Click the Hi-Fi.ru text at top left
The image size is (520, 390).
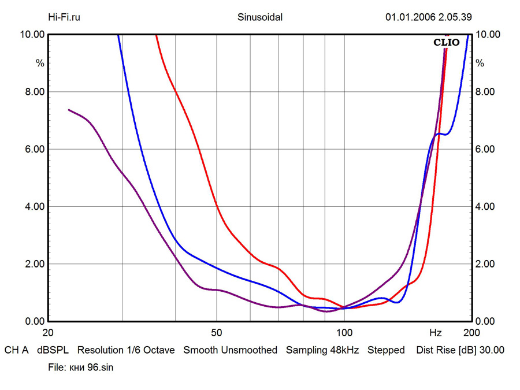click(x=64, y=17)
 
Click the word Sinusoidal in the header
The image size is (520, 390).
click(x=260, y=17)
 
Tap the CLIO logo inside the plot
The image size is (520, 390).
click(x=447, y=42)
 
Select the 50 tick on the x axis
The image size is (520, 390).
click(x=216, y=333)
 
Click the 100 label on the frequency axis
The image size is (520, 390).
click(x=344, y=333)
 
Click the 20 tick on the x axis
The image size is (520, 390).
click(x=49, y=333)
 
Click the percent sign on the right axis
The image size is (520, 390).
click(x=480, y=64)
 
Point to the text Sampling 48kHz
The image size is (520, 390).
click(x=322, y=350)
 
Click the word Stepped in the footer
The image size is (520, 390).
click(x=386, y=350)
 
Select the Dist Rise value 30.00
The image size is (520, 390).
click(x=492, y=350)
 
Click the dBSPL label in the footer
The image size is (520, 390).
click(x=53, y=350)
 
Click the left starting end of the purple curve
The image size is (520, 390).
click(x=69, y=109)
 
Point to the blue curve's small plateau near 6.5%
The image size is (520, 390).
click(x=442, y=134)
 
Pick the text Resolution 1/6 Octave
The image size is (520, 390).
click(x=126, y=350)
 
